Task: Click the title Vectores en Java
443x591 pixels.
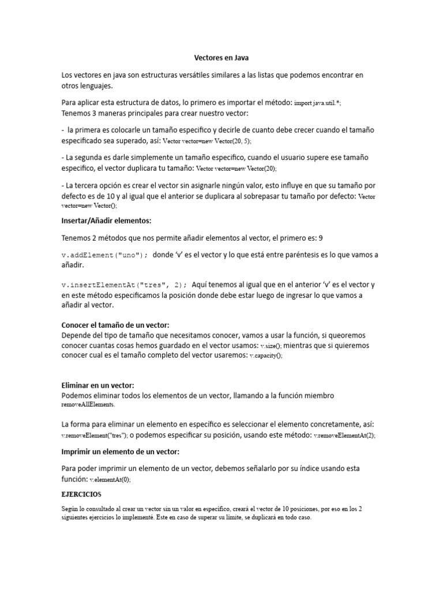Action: tap(221, 58)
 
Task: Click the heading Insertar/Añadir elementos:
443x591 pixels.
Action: tap(106, 221)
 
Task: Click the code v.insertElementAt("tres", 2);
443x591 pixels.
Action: tap(124, 285)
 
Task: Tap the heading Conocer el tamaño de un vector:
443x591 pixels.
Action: tap(115, 326)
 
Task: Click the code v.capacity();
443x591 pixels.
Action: tap(266, 356)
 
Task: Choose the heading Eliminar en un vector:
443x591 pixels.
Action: tap(97, 386)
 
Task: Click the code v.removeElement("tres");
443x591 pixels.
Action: tap(95, 436)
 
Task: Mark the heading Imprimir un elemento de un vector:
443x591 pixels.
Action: tap(121, 451)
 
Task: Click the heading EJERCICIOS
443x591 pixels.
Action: tap(81, 495)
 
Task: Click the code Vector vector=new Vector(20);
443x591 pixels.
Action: tap(236, 169)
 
